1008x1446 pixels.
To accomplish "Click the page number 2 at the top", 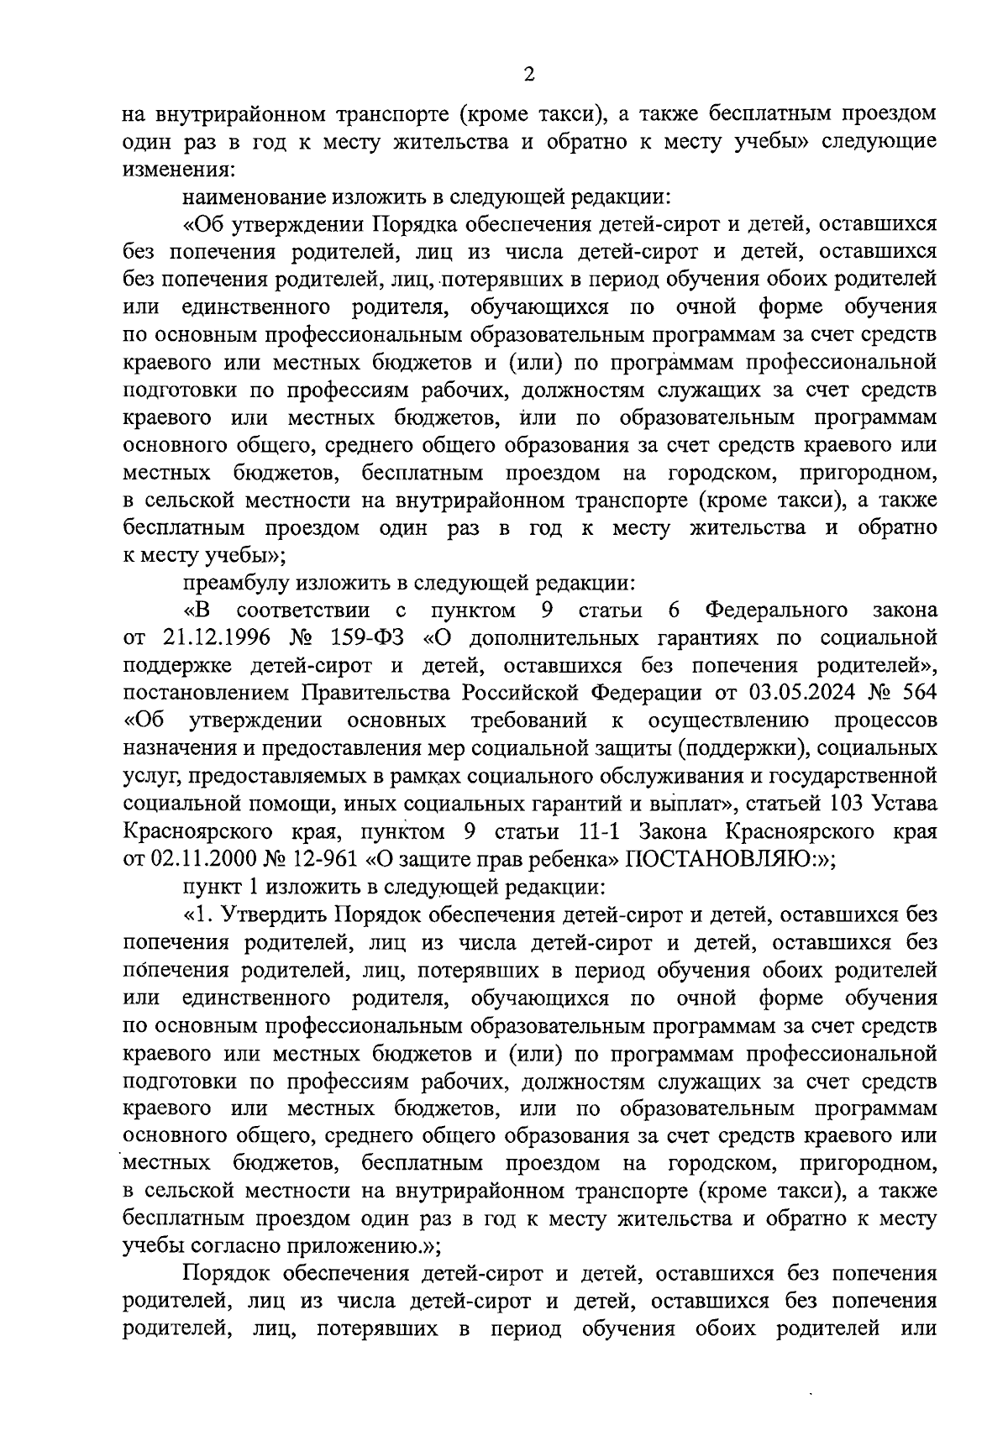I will tap(528, 75).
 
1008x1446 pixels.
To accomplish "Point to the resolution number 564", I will tap(918, 693).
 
